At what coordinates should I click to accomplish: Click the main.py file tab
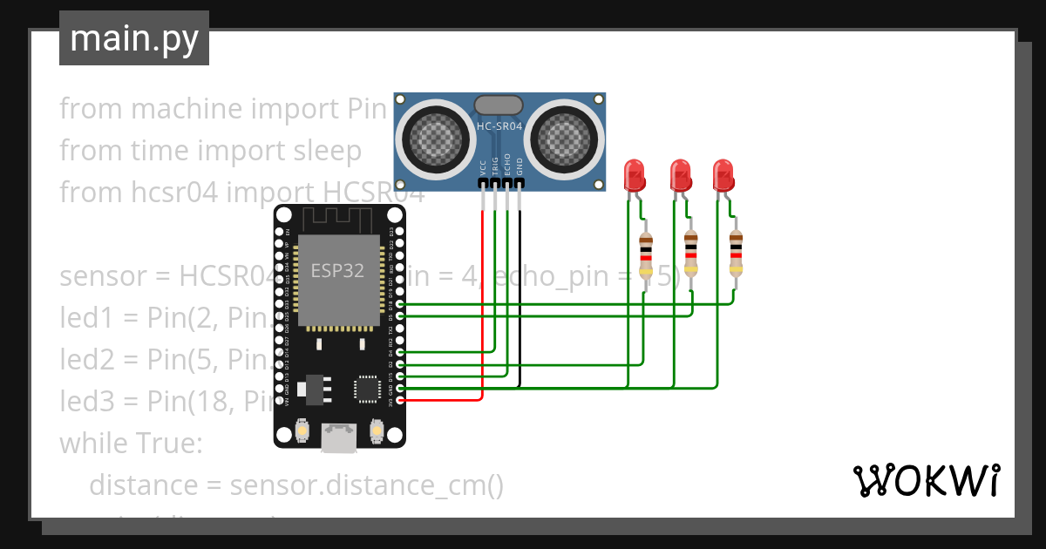tap(133, 38)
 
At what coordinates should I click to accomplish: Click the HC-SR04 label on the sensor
tap(499, 126)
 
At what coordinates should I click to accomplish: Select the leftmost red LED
tap(635, 176)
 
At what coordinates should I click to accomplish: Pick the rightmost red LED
tap(723, 176)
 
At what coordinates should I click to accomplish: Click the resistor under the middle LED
tap(691, 254)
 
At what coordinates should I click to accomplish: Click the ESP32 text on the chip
tap(337, 270)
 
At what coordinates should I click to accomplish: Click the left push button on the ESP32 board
tap(301, 430)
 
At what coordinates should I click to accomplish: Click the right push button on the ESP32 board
tap(377, 430)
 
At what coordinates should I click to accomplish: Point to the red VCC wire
tap(482, 305)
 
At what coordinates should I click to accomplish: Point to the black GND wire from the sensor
tap(520, 296)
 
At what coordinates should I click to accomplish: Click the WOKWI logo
tap(925, 480)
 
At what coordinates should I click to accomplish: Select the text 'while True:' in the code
tap(131, 444)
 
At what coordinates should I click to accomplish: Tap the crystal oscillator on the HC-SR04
tap(499, 105)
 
